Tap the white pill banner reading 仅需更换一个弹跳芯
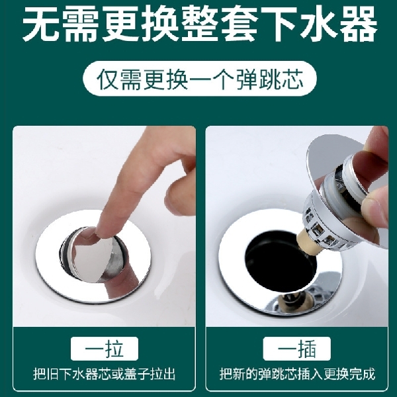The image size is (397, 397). (198, 80)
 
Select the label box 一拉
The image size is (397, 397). (105, 349)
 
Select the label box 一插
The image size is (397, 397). (296, 349)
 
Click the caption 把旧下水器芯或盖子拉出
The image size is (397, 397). (105, 374)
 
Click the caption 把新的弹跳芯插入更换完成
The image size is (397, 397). (297, 374)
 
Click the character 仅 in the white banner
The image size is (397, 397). (109, 80)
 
